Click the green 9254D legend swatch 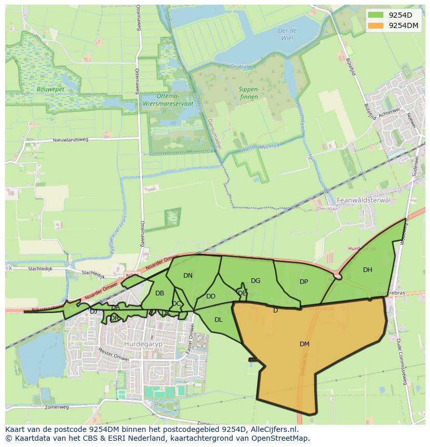tap(377, 15)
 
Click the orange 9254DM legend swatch tap(377, 25)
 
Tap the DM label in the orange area tap(304, 344)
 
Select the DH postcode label tap(367, 270)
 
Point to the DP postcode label tap(304, 282)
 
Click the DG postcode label tap(255, 281)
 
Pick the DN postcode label tap(187, 276)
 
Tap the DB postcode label tap(159, 293)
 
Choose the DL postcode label tap(218, 320)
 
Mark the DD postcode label tap(210, 297)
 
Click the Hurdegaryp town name tap(140, 344)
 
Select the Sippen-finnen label tap(249, 92)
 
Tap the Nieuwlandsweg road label tap(71, 140)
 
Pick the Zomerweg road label tap(57, 407)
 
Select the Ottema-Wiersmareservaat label tap(167, 100)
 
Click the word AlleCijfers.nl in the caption tap(274, 430)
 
